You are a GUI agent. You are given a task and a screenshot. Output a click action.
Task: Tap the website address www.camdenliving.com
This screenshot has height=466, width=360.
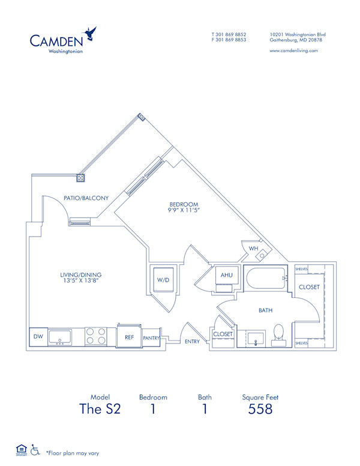(294, 51)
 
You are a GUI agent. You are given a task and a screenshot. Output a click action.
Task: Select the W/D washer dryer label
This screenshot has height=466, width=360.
(163, 280)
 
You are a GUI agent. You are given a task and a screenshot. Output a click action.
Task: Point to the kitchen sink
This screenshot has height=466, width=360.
(59, 337)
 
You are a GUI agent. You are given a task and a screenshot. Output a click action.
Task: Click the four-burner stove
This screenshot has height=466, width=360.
(96, 336)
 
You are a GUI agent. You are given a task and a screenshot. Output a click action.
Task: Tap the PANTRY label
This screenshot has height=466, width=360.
(151, 338)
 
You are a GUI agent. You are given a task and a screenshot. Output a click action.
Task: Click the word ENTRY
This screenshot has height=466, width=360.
(193, 341)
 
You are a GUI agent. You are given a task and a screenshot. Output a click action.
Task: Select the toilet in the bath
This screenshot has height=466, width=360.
(279, 334)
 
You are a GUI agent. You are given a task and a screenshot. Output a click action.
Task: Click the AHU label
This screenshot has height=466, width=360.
(226, 275)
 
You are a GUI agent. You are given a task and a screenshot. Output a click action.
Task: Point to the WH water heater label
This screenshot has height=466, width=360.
(253, 247)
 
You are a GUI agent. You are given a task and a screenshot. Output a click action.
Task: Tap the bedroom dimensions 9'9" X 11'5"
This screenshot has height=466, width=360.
(184, 211)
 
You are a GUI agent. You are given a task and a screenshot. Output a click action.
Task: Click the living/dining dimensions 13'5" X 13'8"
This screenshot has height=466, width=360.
(79, 280)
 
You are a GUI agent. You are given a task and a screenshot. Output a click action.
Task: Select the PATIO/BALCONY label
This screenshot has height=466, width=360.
(86, 198)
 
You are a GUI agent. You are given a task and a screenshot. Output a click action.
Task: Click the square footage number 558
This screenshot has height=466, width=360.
(260, 410)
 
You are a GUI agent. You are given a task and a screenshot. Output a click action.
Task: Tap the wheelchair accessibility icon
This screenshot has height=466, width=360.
(35, 449)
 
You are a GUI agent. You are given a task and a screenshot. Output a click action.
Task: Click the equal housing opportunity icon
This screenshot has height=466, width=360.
(21, 449)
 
